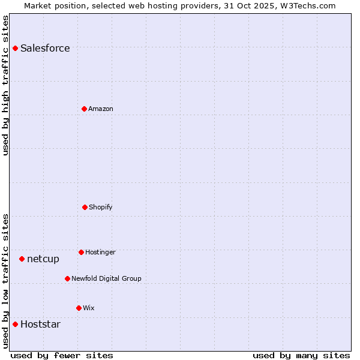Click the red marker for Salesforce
(15, 48)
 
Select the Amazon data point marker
(84, 109)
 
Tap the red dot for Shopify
(85, 207)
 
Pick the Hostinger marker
(81, 252)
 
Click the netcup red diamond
(22, 259)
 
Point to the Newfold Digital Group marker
(67, 278)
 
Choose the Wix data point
(79, 308)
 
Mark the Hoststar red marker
(15, 324)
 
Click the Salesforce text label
(45, 48)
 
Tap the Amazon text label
(101, 109)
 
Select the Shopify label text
(101, 207)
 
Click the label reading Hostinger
(100, 252)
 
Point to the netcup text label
(43, 259)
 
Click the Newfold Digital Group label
(106, 278)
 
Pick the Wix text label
(89, 308)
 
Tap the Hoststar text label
(40, 324)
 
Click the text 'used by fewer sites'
(62, 355)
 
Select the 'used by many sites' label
(301, 355)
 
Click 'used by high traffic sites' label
(5, 85)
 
